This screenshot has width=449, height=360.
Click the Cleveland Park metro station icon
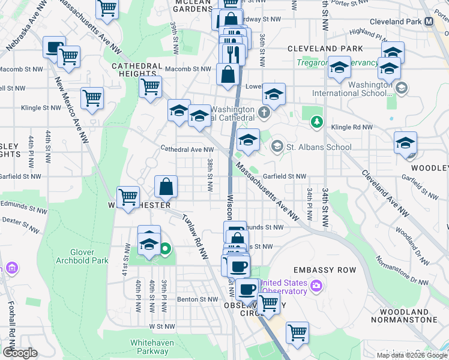coord(429,21)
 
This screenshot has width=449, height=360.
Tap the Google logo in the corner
coord(20,352)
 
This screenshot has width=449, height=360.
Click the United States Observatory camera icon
coord(316,284)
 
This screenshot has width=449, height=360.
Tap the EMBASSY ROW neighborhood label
coord(324,270)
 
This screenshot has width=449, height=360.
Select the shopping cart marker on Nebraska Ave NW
coord(107,8)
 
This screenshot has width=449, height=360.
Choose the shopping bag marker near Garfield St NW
coord(166,186)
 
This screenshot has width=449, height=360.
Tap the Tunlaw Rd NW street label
coord(194,236)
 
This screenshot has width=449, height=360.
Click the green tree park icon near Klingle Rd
coord(316,122)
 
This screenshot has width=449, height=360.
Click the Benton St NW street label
coord(197,299)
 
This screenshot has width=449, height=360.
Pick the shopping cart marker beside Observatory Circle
coord(268,302)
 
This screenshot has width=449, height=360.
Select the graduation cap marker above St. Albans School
coord(248,140)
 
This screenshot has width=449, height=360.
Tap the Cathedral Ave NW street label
coord(182,149)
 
